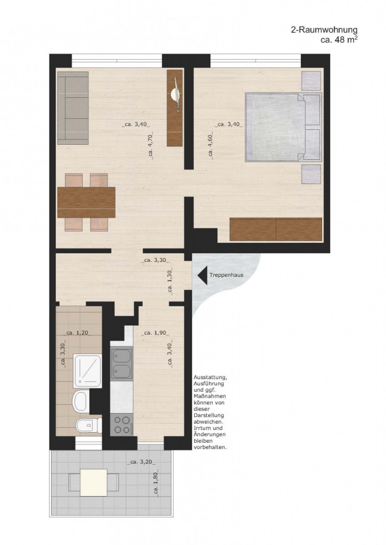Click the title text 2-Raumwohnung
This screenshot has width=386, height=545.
[x=320, y=31]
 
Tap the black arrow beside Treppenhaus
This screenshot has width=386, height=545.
[x=202, y=275]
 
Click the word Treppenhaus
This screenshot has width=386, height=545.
[x=226, y=276]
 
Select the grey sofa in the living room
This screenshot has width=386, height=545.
[x=72, y=108]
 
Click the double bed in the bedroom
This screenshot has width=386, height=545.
[x=282, y=127]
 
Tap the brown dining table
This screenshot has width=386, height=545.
[x=86, y=202]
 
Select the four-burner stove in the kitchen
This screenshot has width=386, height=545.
[x=121, y=424]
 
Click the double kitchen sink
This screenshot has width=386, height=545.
[x=121, y=363]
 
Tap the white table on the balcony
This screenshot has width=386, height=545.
[x=93, y=483]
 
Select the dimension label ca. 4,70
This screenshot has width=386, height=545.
[x=151, y=146]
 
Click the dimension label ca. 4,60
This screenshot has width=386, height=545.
[x=211, y=146]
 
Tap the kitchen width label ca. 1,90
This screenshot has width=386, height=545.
[x=155, y=333]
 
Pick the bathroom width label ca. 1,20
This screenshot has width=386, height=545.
[x=77, y=333]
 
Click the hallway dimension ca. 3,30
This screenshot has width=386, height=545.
[x=155, y=261]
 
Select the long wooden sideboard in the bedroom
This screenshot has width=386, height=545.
[x=276, y=229]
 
